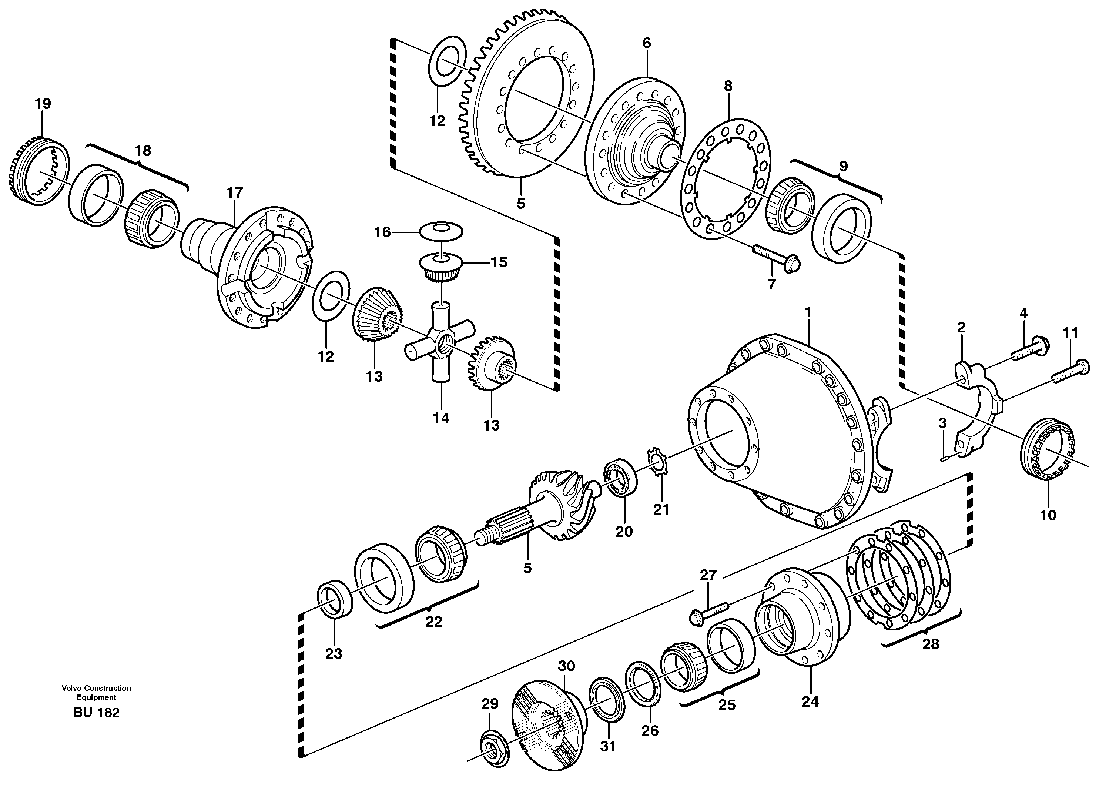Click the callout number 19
click(43, 104)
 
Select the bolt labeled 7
click(776, 258)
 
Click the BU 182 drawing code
click(96, 713)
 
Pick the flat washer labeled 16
click(441, 231)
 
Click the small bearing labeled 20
click(621, 476)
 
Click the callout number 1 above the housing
click(808, 312)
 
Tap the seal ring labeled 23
click(335, 599)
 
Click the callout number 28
click(931, 644)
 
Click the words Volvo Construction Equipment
click(96, 693)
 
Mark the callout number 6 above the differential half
click(646, 43)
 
